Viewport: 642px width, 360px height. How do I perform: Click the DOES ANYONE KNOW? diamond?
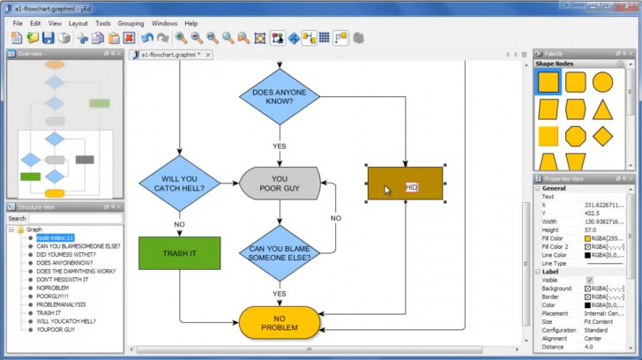coord(280,97)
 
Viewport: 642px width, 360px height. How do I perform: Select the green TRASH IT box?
coord(179,253)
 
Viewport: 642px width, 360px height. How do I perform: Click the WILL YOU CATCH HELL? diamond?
coord(179,183)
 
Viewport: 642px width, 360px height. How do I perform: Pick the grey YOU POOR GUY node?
coord(280,183)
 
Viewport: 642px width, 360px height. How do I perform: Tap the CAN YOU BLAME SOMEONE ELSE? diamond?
coord(280,253)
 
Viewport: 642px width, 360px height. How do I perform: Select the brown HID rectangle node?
coord(405,184)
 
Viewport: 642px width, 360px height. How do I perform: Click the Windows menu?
coord(164,23)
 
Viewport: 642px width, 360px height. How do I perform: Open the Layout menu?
coord(78,23)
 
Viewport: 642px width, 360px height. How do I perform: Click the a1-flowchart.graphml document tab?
coord(168,55)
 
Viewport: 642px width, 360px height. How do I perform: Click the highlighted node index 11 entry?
coord(55,237)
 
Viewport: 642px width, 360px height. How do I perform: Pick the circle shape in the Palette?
coord(603,83)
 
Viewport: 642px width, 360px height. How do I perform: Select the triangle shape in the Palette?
coord(603,110)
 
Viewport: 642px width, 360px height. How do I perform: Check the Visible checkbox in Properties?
coord(589,280)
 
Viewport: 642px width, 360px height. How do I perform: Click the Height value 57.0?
coord(592,230)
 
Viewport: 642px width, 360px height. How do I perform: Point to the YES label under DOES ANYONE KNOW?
coord(280,146)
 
